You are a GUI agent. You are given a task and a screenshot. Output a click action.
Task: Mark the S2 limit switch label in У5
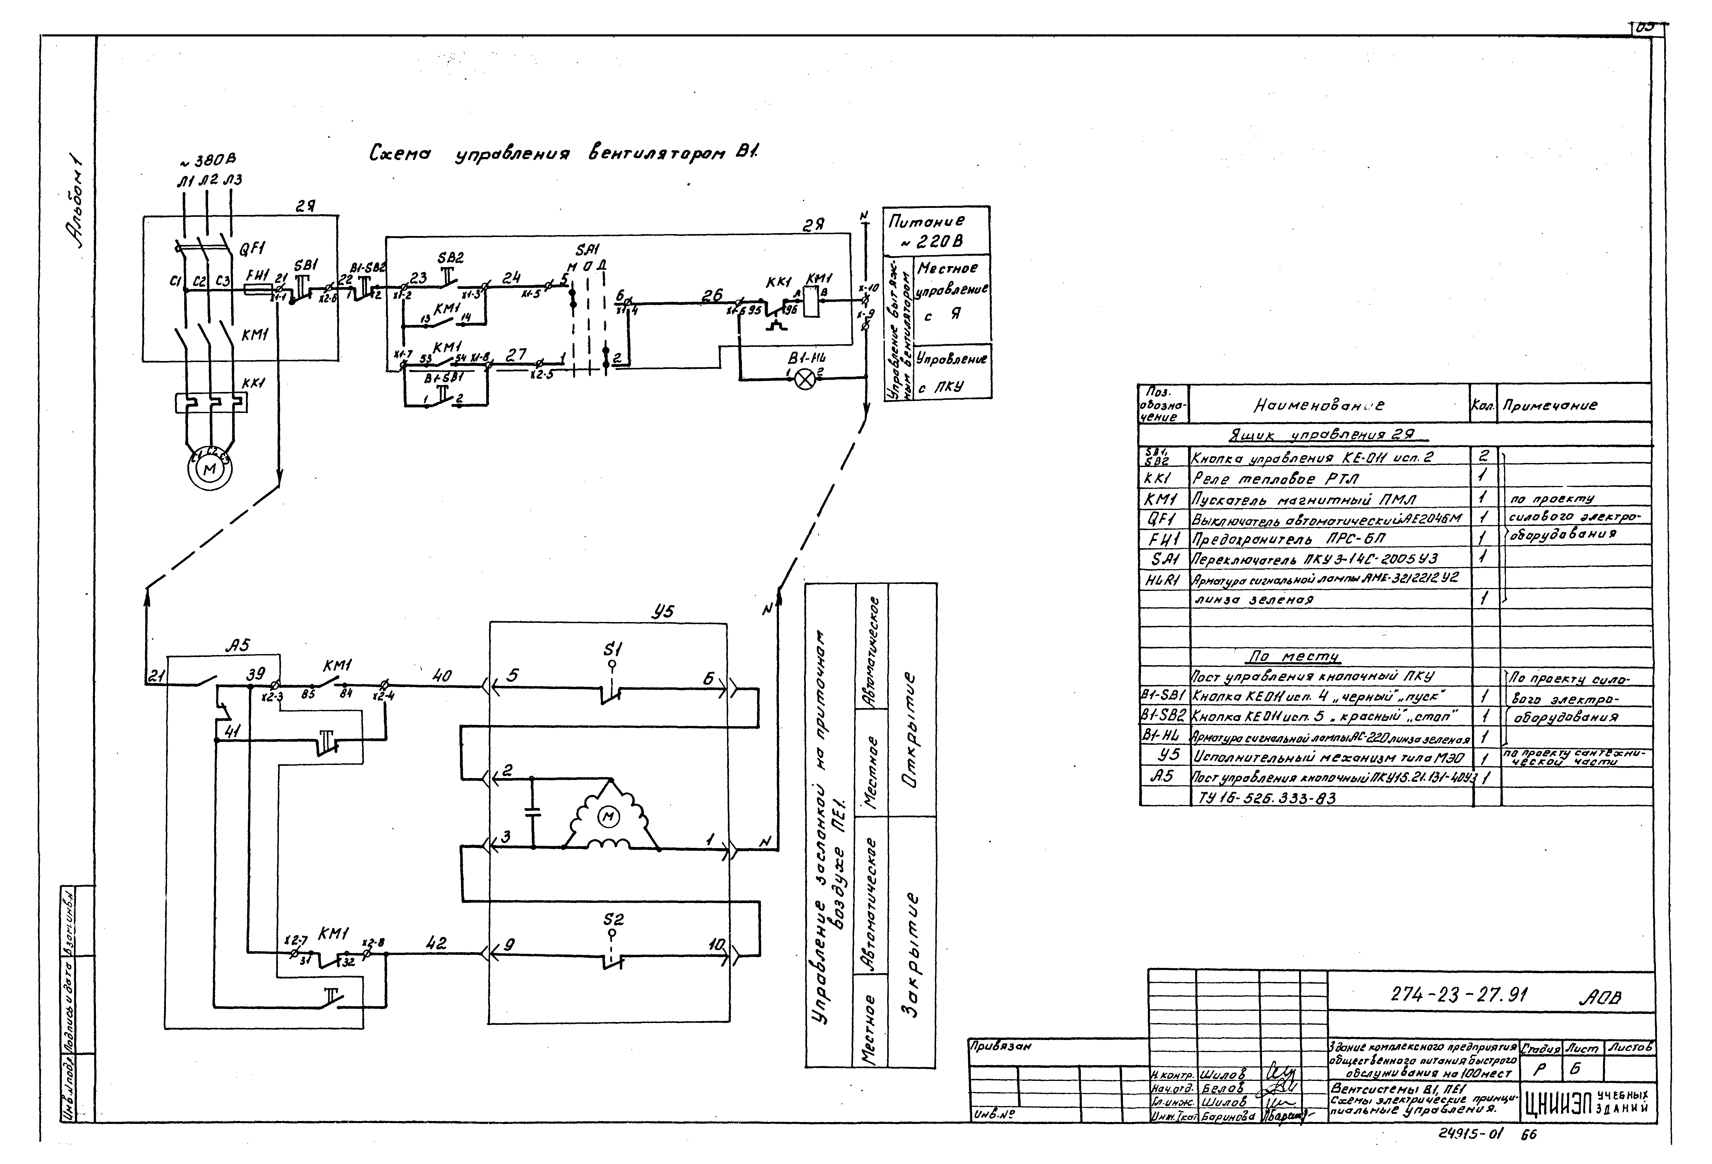click(x=613, y=919)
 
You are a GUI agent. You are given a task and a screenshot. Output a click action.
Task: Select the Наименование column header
click(x=1319, y=405)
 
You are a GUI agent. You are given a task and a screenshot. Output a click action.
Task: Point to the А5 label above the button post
click(x=237, y=646)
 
